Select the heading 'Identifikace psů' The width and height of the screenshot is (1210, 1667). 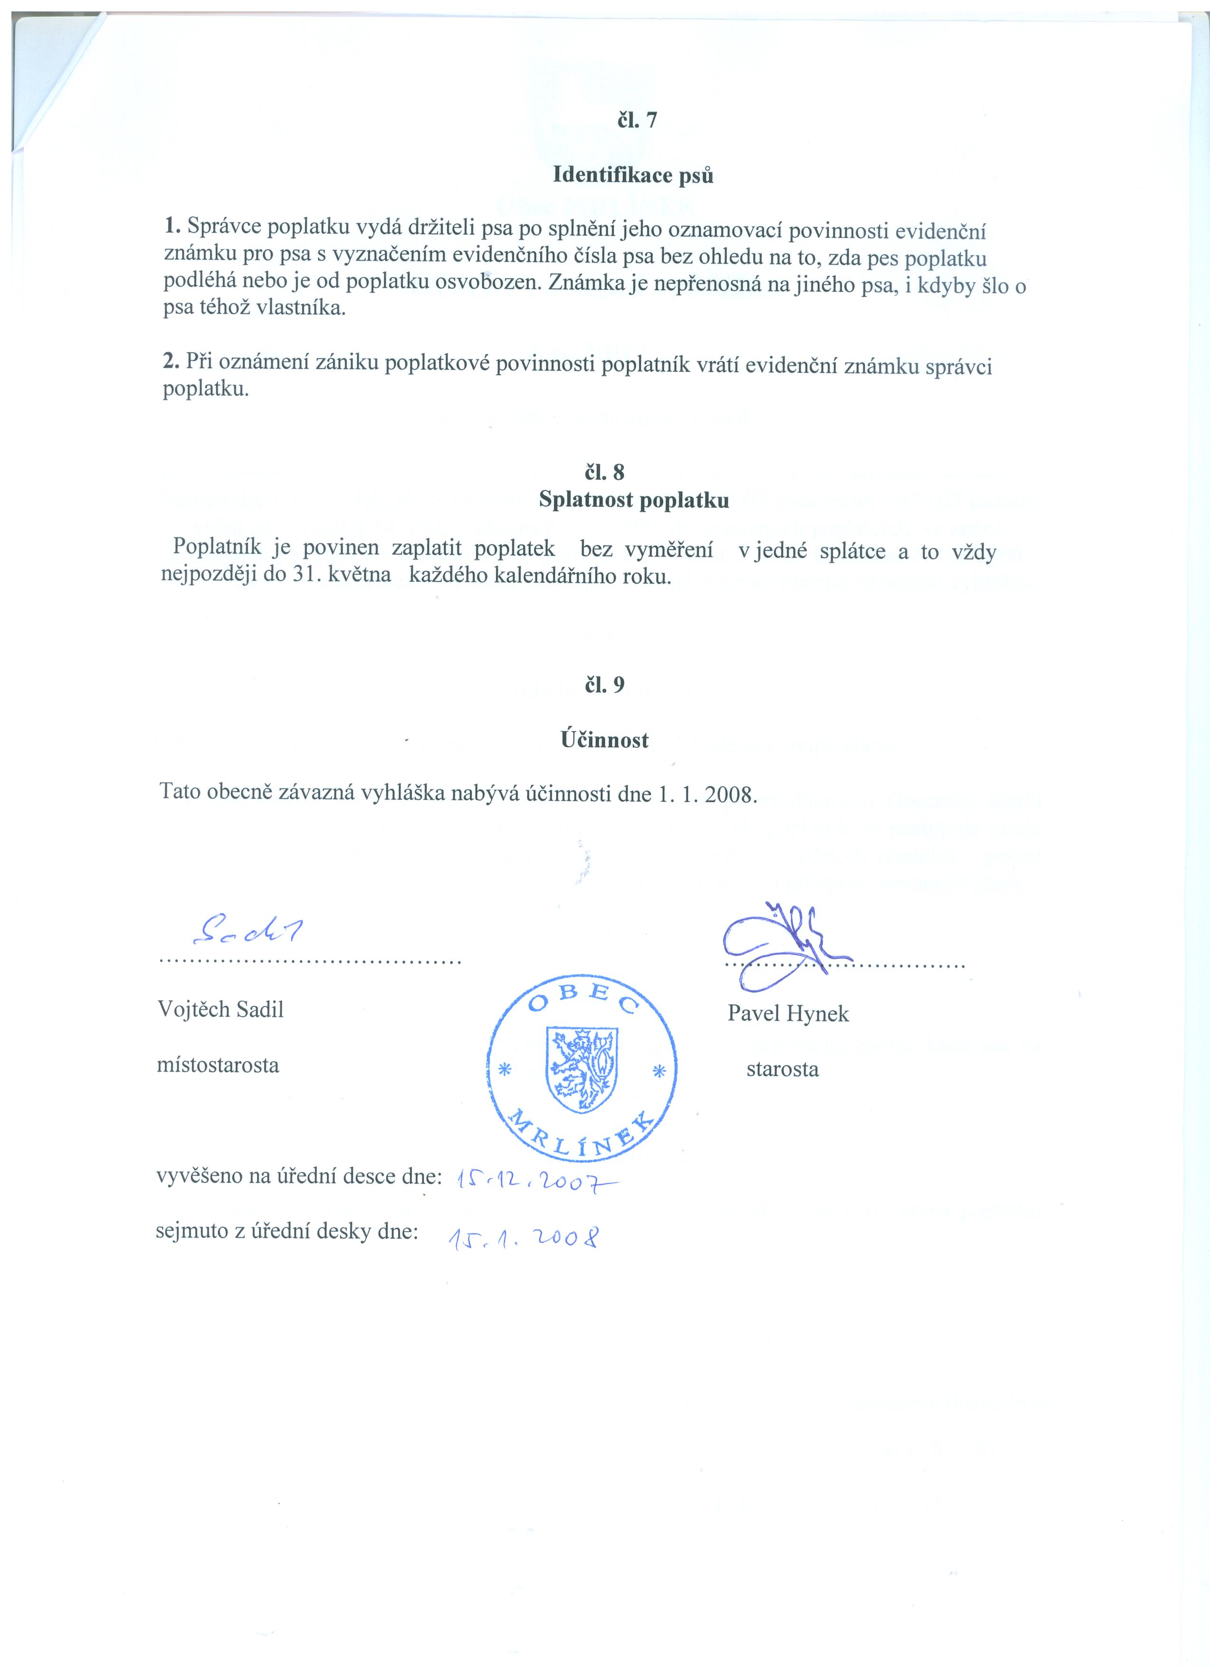click(632, 176)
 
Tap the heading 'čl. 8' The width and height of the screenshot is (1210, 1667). click(605, 472)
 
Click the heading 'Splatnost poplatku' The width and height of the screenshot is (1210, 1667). click(633, 501)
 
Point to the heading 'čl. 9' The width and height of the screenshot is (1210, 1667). click(605, 685)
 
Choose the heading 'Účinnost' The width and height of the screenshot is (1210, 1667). click(605, 740)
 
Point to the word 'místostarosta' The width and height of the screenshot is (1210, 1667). click(218, 1065)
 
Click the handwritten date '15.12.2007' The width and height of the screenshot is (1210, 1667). click(537, 1181)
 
